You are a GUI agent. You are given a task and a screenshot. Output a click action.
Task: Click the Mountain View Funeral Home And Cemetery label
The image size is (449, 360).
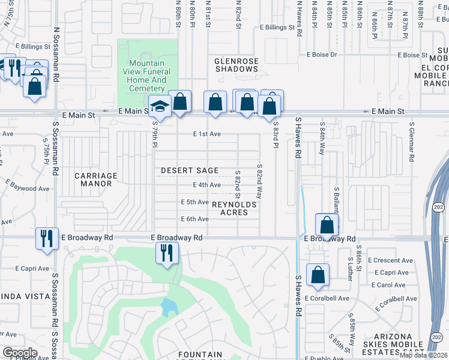point(147,76)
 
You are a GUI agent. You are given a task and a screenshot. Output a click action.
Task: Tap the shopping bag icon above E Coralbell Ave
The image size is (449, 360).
point(318,275)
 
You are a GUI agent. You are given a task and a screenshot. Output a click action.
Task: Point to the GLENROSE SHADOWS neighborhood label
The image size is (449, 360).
point(237,64)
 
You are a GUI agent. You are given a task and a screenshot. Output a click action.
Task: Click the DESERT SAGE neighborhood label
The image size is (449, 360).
point(190,171)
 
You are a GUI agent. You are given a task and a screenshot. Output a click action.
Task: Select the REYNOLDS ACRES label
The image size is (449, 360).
point(235,209)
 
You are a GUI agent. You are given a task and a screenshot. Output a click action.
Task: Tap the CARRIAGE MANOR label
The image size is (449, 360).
point(96,179)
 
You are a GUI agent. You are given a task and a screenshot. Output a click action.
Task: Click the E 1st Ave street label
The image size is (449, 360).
point(208,134)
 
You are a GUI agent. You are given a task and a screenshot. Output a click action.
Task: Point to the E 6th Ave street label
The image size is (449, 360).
point(195,219)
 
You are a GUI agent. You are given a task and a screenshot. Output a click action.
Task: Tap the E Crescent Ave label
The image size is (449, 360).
point(393,260)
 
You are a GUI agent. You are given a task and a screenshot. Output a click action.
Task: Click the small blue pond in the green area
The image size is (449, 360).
point(169,307)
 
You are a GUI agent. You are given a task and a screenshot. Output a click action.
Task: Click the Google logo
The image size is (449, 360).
point(20,353)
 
